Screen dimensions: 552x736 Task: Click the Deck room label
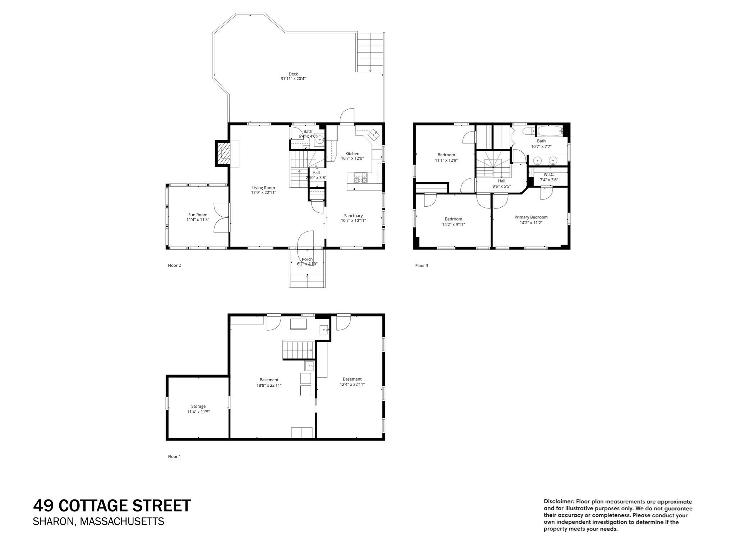click(293, 74)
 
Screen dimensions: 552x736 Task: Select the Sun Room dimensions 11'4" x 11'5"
click(198, 220)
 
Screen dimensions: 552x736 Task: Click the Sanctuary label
click(353, 216)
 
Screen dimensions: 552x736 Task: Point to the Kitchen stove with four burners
click(360, 176)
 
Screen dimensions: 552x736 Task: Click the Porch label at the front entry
click(307, 259)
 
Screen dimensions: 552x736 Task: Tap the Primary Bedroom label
click(531, 217)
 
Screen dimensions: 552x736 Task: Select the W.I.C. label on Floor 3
click(549, 175)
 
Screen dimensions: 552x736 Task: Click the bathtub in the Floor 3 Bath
click(549, 131)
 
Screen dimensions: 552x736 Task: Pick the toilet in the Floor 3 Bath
click(528, 131)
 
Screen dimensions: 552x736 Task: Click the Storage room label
click(198, 406)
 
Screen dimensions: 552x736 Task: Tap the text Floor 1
click(174, 456)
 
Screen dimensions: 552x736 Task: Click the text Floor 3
click(422, 266)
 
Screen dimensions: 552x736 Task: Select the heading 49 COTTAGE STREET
click(112, 506)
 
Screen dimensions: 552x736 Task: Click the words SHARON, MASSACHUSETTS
click(98, 521)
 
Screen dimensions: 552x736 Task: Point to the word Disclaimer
click(559, 501)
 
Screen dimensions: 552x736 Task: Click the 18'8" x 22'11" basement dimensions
click(269, 385)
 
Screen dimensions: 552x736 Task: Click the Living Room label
click(263, 188)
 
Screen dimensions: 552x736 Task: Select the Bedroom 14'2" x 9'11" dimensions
click(453, 224)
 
